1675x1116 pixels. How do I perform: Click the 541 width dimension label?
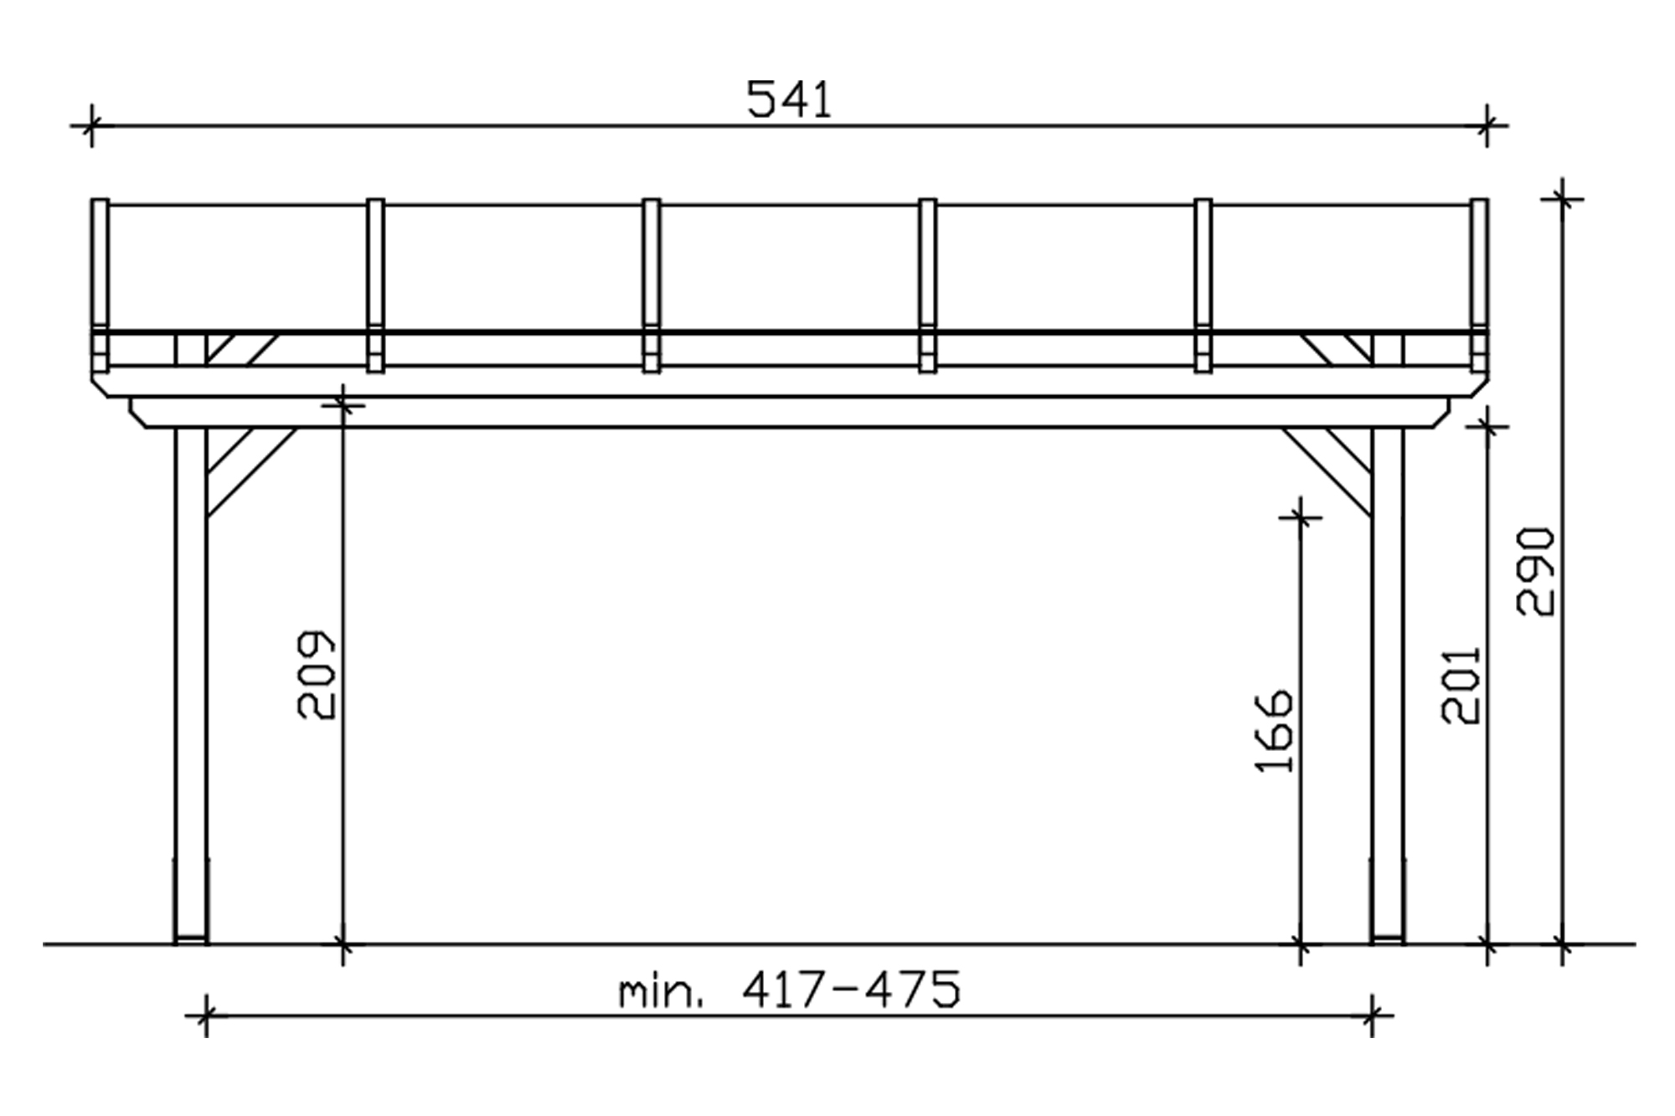pos(789,100)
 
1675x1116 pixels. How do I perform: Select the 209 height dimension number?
pos(317,675)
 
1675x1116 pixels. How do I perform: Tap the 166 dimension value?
pos(1275,730)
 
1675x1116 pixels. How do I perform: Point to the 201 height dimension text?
pos(1461,685)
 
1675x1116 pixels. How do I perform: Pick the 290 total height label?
pos(1536,572)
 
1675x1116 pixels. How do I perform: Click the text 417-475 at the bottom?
pos(851,990)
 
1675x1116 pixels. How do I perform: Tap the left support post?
pos(191,686)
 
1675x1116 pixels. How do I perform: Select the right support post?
pos(1388,686)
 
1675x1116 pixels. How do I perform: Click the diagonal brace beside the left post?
pos(251,472)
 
